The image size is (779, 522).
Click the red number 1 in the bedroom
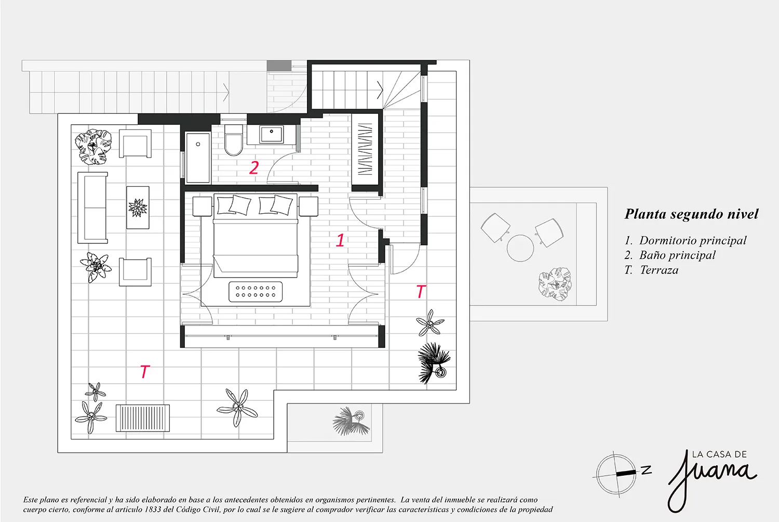point(340,240)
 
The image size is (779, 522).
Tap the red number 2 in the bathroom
point(254,167)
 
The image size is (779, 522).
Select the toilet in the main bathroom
point(233,140)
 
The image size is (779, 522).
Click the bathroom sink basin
point(271,134)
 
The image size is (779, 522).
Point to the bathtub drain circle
point(198,144)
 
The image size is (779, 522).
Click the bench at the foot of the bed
point(256,291)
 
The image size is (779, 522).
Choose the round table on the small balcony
point(520,248)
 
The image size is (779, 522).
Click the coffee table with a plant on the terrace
point(138,207)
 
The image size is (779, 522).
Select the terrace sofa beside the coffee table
point(92,207)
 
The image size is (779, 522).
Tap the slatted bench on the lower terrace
point(143,418)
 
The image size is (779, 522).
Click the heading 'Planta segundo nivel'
point(691,214)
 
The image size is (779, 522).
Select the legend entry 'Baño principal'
point(677,255)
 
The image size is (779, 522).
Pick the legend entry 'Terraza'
point(659,270)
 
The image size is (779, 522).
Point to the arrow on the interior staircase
point(380,90)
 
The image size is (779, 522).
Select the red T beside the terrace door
point(421,292)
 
